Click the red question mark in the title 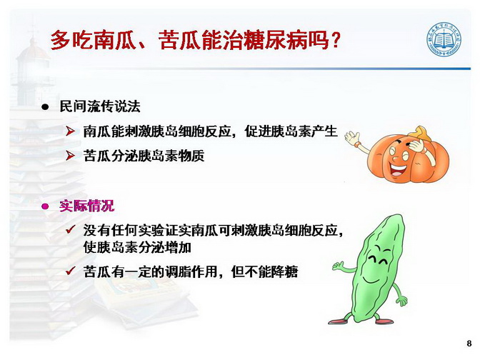coord(336,40)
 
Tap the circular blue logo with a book coord(444,39)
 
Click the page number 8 coord(469,343)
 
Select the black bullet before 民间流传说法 coord(45,107)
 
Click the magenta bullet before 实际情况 coord(45,206)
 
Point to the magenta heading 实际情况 coord(87,206)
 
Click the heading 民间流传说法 coord(100,106)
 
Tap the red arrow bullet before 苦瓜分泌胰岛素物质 coord(71,156)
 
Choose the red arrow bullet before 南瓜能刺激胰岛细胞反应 coord(71,131)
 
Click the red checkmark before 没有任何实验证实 coord(71,229)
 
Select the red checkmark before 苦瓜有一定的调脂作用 coord(71,271)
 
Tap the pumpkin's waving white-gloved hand coord(352,137)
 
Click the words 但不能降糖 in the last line coord(264,271)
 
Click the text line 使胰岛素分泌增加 coord(137,247)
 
